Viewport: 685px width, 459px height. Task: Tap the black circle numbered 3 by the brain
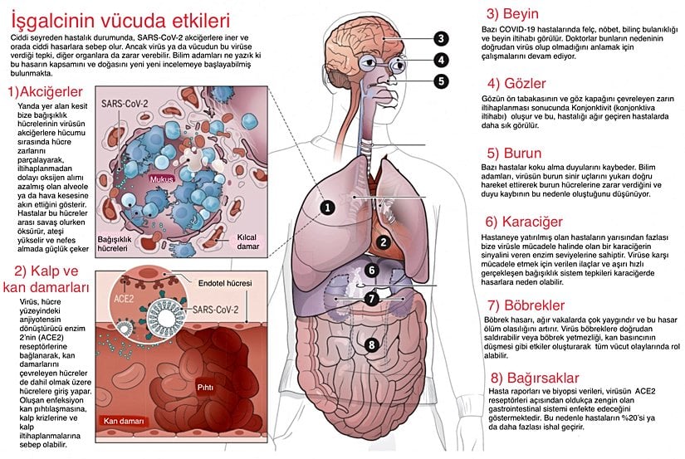point(441,38)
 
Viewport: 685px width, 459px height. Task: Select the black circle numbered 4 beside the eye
point(441,60)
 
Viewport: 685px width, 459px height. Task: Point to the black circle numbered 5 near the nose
point(441,81)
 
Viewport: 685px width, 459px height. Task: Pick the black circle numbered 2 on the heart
point(383,242)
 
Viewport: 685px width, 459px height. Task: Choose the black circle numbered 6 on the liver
point(372,270)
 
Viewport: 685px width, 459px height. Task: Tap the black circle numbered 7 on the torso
point(372,298)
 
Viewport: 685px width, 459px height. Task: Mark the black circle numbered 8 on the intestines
point(372,344)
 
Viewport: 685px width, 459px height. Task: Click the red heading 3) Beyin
point(512,14)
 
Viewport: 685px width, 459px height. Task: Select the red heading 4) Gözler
point(516,83)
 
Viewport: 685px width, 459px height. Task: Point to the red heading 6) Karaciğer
point(525,222)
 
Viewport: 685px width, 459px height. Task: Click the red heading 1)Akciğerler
point(42,90)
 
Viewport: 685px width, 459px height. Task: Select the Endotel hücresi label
point(226,282)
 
